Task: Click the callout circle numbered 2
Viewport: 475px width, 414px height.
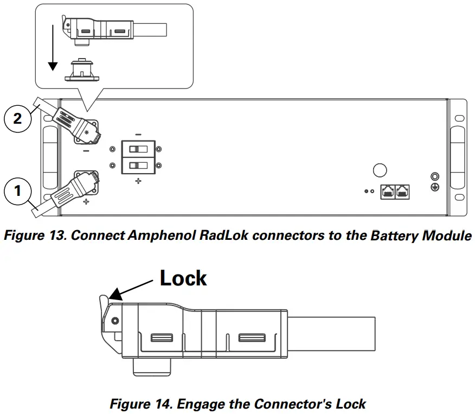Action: (17, 118)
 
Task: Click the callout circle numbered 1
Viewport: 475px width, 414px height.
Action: (17, 191)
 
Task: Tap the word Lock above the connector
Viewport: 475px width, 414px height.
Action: (183, 278)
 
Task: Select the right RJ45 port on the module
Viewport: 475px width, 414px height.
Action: (402, 192)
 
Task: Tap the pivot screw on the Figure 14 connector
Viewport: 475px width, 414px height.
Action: (115, 321)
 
